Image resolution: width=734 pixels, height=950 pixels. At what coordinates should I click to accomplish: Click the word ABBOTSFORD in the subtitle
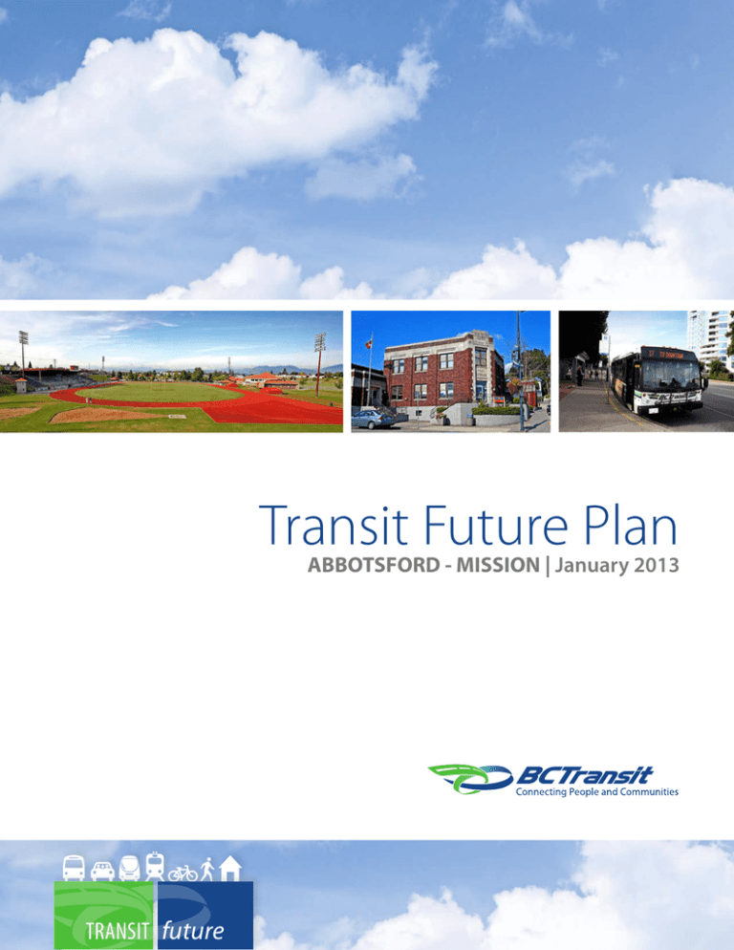click(370, 566)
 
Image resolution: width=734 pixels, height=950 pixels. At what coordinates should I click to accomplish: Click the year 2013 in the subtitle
click(651, 566)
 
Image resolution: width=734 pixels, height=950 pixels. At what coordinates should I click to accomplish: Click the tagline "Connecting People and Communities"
click(596, 792)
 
